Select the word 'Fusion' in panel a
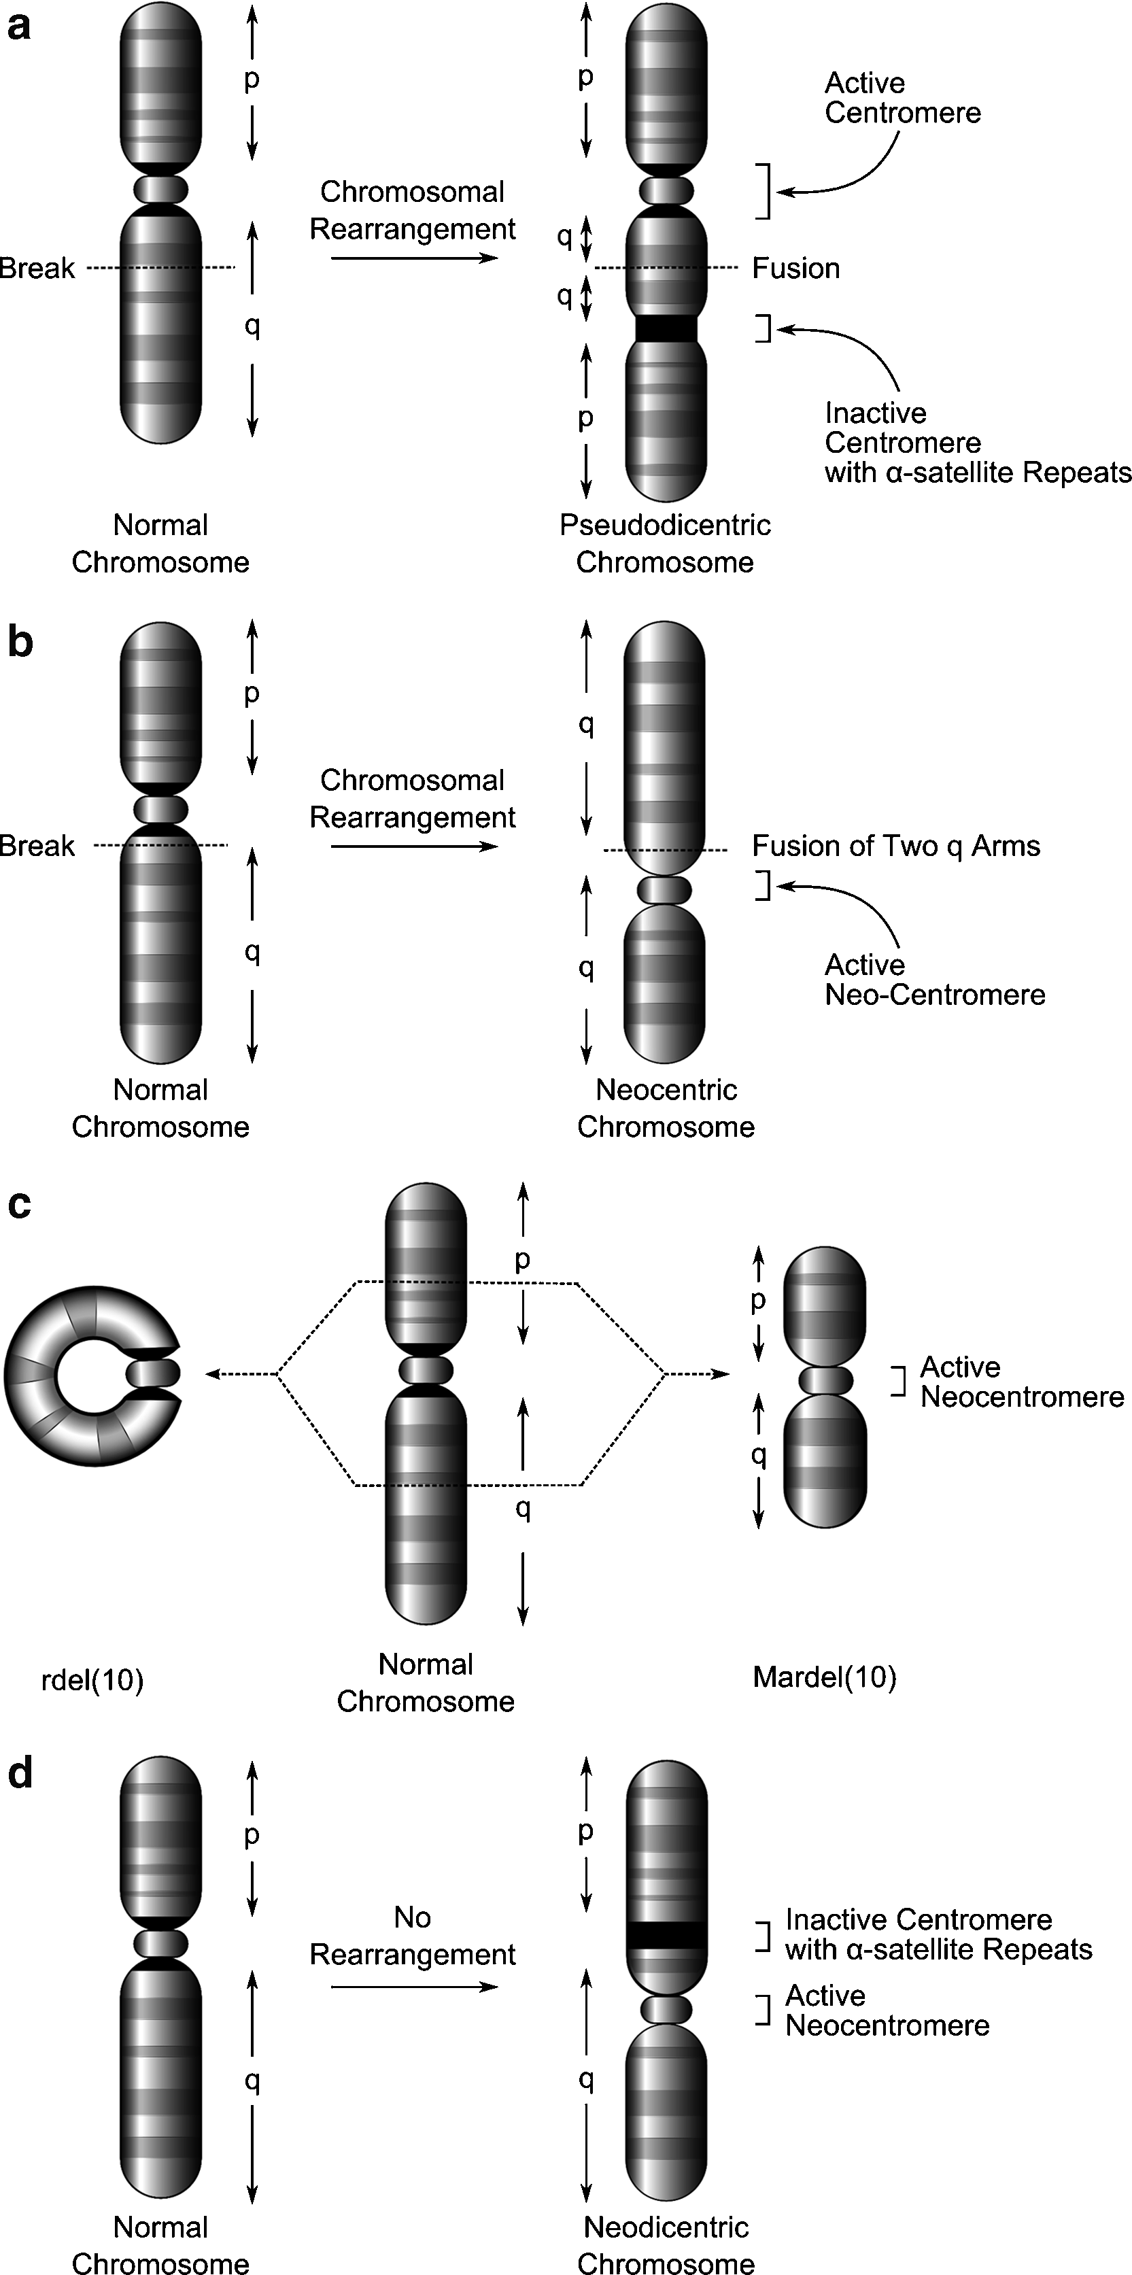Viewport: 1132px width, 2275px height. (x=795, y=269)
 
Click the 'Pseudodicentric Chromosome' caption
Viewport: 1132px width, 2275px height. (x=665, y=543)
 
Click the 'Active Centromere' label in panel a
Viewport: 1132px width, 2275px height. (x=902, y=98)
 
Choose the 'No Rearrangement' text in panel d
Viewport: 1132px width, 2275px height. (x=413, y=1936)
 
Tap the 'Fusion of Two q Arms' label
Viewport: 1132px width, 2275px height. (x=895, y=846)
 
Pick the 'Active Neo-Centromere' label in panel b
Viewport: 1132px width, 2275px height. (x=933, y=979)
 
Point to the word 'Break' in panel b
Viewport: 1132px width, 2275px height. (x=37, y=846)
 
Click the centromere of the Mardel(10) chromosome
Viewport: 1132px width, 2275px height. (x=825, y=1380)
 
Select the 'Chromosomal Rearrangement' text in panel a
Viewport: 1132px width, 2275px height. (x=413, y=210)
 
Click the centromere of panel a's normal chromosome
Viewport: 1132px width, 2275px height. (x=160, y=189)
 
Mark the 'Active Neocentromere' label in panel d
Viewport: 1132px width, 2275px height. (x=887, y=2010)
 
